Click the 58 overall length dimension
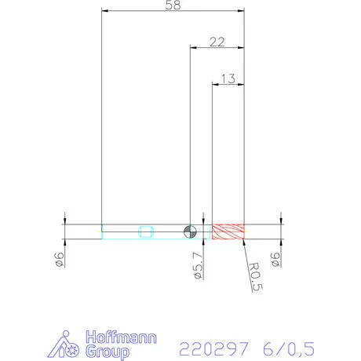(x=173, y=5)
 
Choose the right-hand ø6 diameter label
(x=275, y=260)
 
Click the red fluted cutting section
(x=229, y=232)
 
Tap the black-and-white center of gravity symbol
(x=189, y=231)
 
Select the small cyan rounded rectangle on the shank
(x=146, y=231)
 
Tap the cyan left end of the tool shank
(x=103, y=231)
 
